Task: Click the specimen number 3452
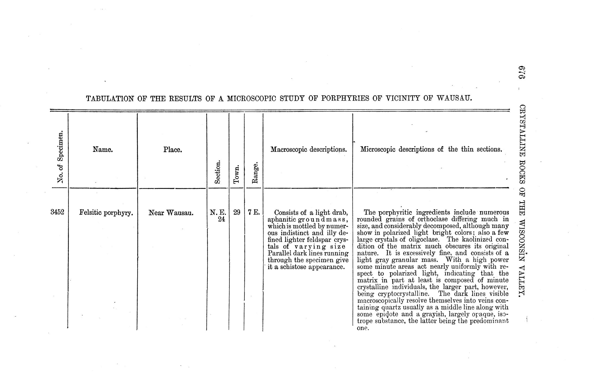tap(57, 212)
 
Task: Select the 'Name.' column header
tap(103, 149)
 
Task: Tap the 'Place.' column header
tap(173, 149)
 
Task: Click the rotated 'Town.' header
tap(236, 174)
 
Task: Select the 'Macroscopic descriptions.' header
tap(309, 149)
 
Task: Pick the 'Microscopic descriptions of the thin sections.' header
tap(431, 149)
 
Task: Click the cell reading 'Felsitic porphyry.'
tap(106, 213)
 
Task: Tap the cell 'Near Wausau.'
tap(171, 213)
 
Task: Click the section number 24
tap(222, 219)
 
